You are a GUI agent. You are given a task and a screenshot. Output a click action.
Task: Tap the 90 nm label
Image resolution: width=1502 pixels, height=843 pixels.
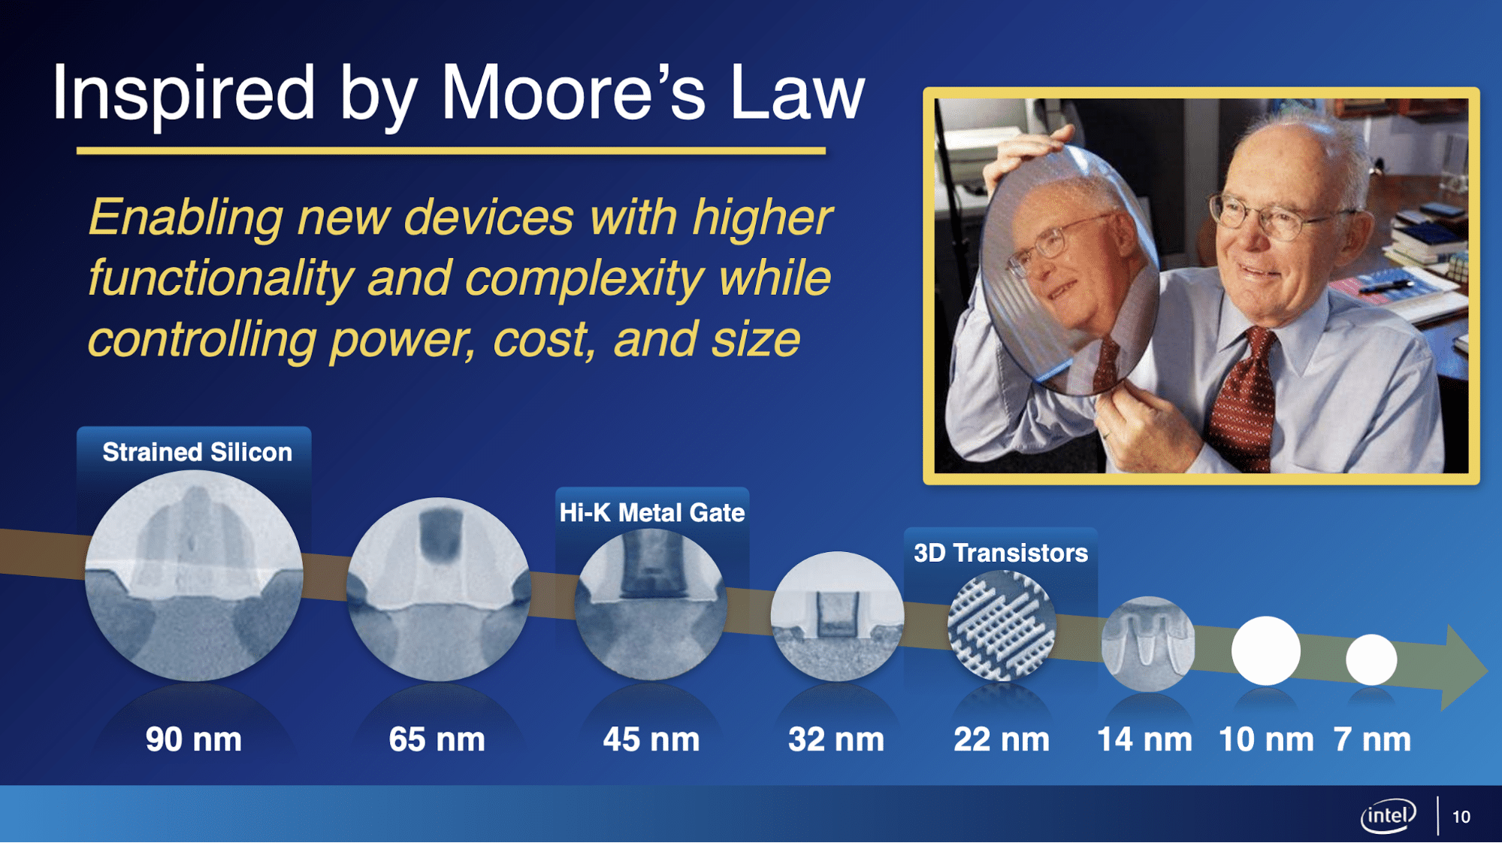194,739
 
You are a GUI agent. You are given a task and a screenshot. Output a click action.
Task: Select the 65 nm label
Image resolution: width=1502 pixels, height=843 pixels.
437,739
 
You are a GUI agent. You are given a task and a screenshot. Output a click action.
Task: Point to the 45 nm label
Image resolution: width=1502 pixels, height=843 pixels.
651,739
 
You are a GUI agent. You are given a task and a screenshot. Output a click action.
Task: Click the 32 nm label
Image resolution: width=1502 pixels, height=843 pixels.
836,739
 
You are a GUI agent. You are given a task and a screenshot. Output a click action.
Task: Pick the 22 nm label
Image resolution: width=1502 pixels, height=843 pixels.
1002,739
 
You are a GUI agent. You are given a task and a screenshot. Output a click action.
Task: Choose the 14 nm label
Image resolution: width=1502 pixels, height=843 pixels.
1144,739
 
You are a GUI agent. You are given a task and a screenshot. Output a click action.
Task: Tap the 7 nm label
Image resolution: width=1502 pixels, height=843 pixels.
1372,739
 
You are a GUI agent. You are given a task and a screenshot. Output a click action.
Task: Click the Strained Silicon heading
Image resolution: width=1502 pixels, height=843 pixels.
197,452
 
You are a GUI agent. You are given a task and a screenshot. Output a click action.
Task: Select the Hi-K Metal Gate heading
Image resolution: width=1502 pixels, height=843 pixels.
651,513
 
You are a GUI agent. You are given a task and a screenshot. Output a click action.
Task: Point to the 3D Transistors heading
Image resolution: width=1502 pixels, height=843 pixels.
1001,553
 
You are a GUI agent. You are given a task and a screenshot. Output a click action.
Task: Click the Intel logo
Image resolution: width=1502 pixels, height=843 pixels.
1388,816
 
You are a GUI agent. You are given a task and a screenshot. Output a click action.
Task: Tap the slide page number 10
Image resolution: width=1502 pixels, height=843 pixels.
1461,817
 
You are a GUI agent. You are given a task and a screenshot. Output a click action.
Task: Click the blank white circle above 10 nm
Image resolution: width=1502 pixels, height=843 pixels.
1266,650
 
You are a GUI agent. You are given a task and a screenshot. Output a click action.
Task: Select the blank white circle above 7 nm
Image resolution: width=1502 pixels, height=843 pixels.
1371,660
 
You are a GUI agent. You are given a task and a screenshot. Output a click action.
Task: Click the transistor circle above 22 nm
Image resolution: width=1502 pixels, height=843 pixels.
1002,626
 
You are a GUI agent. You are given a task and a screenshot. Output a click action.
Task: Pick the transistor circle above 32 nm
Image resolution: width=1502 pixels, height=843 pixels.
837,617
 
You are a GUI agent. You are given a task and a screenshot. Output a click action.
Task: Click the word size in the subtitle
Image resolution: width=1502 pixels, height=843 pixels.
756,339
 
